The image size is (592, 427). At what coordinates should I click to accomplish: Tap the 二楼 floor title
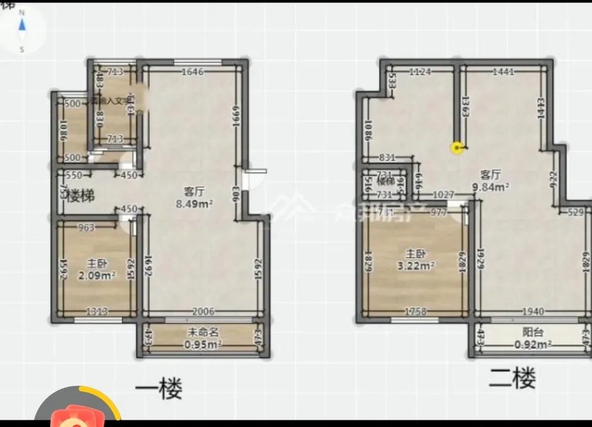tap(512, 379)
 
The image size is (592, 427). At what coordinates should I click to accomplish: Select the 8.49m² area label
tap(194, 204)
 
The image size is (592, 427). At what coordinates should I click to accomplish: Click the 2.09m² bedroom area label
tap(97, 276)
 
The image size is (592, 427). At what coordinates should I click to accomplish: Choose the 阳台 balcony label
tap(532, 333)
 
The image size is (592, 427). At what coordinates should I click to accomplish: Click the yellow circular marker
tap(457, 147)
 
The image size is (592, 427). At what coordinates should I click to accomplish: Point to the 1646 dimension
tap(193, 71)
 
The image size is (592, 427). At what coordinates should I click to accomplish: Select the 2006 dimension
tap(203, 311)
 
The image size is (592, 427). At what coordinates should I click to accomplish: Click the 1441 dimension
tap(504, 71)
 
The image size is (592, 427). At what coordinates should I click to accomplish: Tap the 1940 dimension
tap(533, 311)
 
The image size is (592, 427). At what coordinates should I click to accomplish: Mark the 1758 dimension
tap(415, 311)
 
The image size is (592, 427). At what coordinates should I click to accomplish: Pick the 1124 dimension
tap(419, 71)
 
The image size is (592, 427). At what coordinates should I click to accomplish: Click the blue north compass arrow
tap(22, 25)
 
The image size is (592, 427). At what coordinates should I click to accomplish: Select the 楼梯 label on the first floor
tap(81, 196)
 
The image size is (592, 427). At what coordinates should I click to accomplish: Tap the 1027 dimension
tap(444, 195)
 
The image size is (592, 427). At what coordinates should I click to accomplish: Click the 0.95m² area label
tap(202, 344)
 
